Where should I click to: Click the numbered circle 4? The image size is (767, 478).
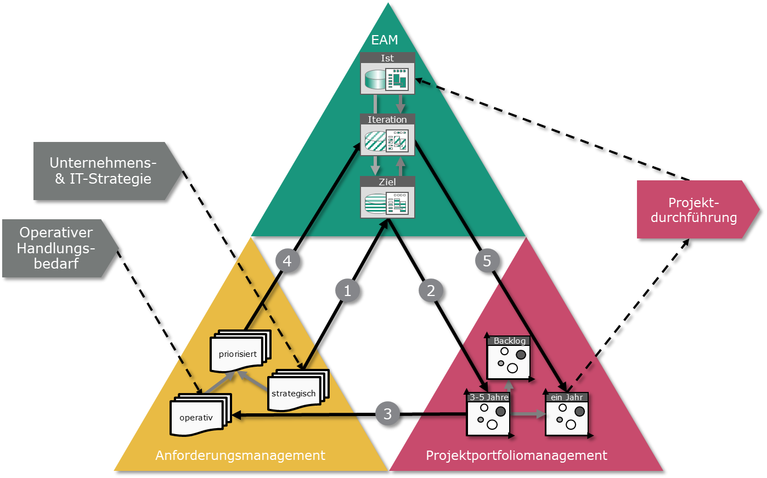click(x=287, y=260)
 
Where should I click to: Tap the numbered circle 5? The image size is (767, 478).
click(x=487, y=260)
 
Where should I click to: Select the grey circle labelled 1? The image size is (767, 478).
click(x=347, y=291)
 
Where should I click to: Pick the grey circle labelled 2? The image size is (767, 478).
click(x=431, y=291)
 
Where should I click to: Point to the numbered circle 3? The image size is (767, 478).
click(x=387, y=413)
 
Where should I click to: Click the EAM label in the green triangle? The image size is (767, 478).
click(x=385, y=40)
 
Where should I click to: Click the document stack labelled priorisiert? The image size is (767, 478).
click(x=239, y=353)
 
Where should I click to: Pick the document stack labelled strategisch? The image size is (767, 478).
click(x=296, y=391)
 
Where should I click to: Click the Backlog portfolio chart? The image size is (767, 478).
click(x=509, y=358)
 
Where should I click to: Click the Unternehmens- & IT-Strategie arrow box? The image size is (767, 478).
click(x=103, y=171)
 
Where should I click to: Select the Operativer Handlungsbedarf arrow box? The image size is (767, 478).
click(x=56, y=248)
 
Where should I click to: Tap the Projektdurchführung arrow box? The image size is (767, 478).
click(x=693, y=210)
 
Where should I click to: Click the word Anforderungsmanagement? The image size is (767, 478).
click(x=240, y=456)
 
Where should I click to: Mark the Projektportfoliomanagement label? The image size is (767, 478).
click(x=516, y=456)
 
